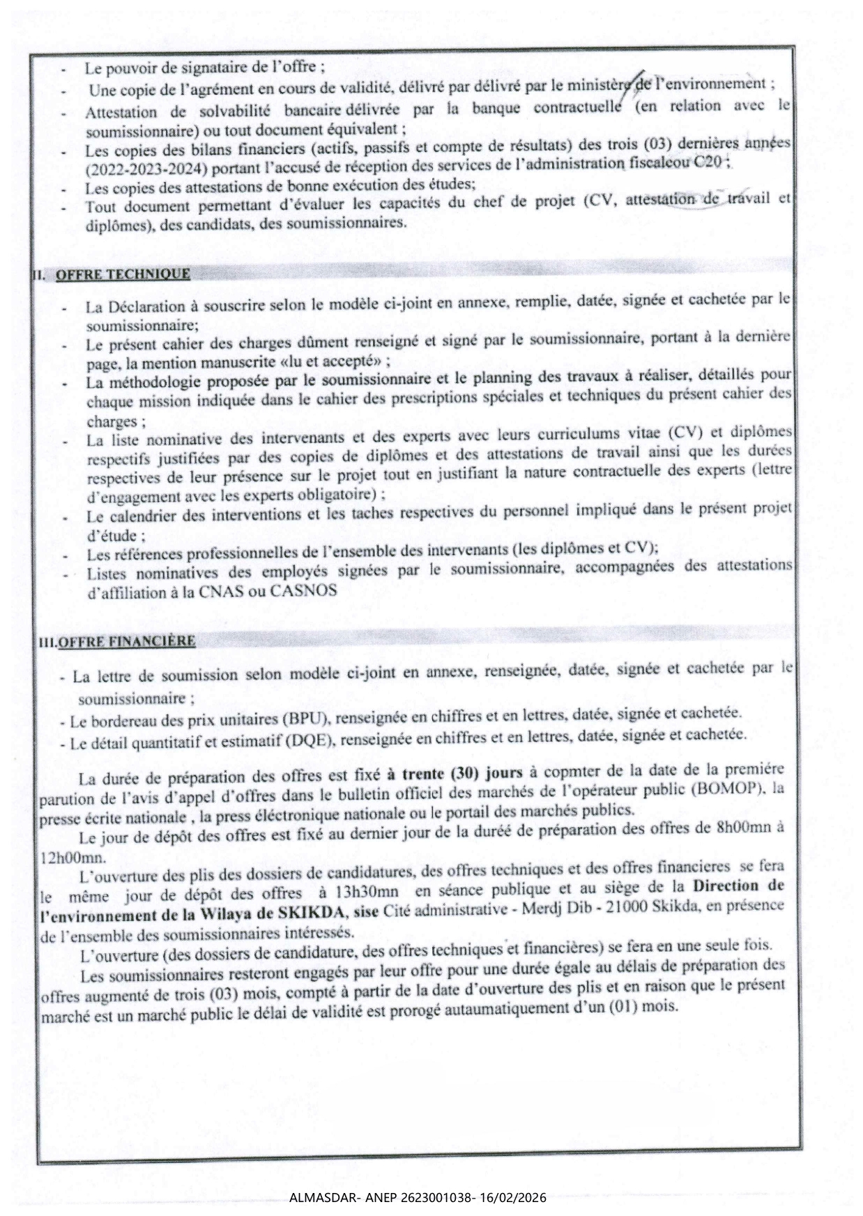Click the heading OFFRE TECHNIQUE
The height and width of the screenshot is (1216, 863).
tap(123, 274)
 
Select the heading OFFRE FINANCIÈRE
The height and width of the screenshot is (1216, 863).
tap(127, 641)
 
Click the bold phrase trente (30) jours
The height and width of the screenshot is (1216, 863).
tap(463, 773)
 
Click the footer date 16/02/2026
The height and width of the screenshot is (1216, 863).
tap(518, 1199)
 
